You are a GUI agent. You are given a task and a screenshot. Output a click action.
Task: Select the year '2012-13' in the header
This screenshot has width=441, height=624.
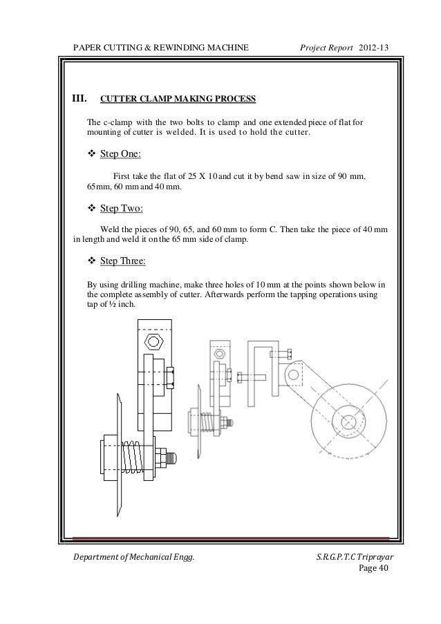click(375, 46)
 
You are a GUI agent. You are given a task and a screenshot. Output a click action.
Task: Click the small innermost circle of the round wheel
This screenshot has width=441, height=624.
click(350, 421)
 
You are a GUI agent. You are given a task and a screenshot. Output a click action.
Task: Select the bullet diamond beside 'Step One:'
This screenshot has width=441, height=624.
click(92, 153)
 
